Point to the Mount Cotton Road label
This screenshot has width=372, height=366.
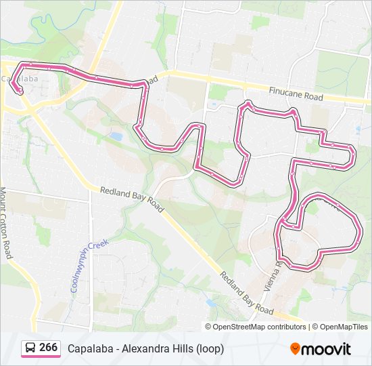[6, 223]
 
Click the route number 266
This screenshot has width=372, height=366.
[48, 348]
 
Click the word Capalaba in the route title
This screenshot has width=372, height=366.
[90, 348]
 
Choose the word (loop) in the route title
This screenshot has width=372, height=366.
[210, 348]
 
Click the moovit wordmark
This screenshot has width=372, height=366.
[327, 349]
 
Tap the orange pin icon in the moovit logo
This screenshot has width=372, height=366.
[296, 349]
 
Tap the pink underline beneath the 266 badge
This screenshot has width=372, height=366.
[40, 357]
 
